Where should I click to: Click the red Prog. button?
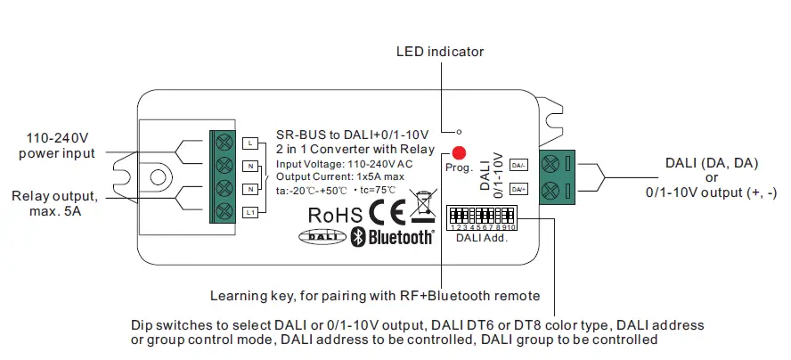(458, 152)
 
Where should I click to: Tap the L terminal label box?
(250, 143)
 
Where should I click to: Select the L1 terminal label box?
(250, 211)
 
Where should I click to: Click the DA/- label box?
(518, 166)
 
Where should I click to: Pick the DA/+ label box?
(518, 188)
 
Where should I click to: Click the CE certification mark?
(388, 214)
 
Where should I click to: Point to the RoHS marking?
(335, 215)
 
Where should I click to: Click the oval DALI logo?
(320, 236)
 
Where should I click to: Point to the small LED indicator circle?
(459, 130)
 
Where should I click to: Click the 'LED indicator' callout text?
(440, 52)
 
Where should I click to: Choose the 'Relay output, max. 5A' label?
(55, 202)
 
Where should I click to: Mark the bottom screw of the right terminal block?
(549, 189)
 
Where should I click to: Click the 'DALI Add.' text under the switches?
(481, 239)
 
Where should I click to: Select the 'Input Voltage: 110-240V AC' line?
(343, 165)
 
